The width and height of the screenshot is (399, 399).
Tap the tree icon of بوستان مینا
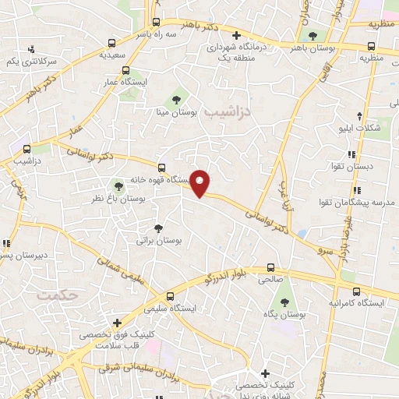177,100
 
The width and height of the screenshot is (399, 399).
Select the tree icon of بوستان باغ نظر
118,185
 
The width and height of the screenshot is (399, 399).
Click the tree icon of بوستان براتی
159,228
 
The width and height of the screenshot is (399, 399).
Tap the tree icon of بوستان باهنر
313,36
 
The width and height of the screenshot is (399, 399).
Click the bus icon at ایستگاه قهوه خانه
161,167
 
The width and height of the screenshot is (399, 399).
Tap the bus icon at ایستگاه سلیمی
172,295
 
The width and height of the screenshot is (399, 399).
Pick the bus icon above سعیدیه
112,44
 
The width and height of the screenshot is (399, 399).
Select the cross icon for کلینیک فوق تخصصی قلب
116,322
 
